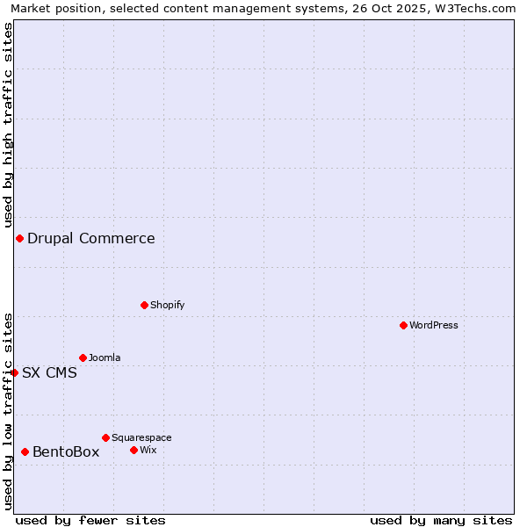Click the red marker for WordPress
pos(403,325)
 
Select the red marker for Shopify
pos(144,305)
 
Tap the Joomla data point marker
pos(83,357)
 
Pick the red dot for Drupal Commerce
pos(19,238)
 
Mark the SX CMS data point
pos(14,372)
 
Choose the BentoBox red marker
pos(25,451)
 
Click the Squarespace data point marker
pos(105,437)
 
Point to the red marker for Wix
pos(134,450)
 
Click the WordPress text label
pos(434,325)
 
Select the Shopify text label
pos(167,305)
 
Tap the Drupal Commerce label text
pos(91,238)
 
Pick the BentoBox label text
pos(66,451)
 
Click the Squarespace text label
pos(141,437)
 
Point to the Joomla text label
pos(105,357)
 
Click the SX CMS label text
pos(49,372)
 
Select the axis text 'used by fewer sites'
pos(90,520)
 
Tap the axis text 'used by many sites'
pos(441,520)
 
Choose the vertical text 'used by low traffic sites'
pos(8,410)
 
